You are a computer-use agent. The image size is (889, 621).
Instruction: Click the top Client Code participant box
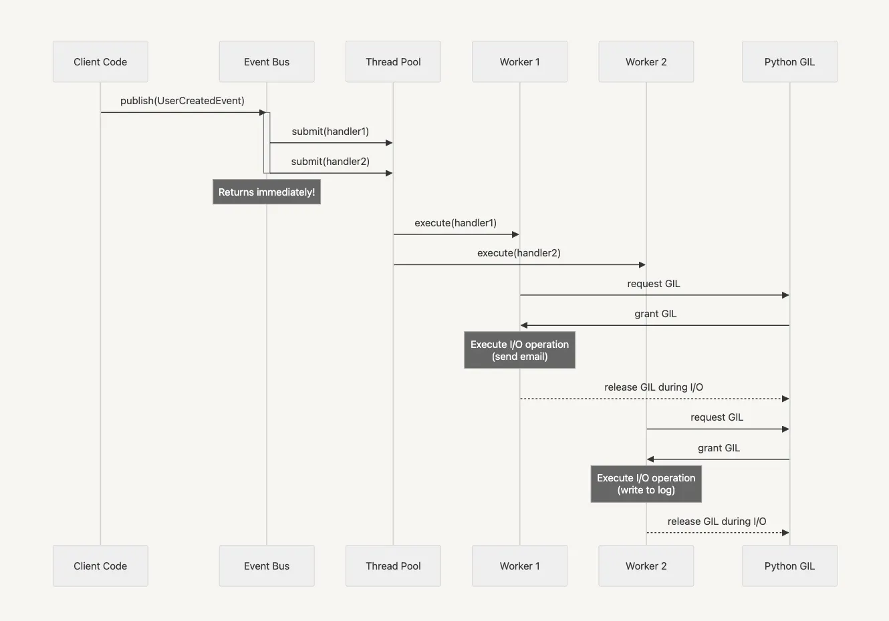[x=100, y=62]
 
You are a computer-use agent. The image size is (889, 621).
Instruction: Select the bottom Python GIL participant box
[x=789, y=566]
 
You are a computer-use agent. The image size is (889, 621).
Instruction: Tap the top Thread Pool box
[x=393, y=62]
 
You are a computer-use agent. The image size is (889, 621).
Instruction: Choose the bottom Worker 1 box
[x=519, y=566]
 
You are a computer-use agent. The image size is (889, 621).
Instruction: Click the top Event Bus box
[x=267, y=62]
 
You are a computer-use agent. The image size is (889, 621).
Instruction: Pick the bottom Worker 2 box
[x=646, y=566]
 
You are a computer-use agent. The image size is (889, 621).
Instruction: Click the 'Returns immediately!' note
[x=267, y=192]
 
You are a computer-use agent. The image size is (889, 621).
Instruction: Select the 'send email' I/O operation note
[x=519, y=351]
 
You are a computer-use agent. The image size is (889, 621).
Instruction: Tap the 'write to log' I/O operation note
[x=646, y=484]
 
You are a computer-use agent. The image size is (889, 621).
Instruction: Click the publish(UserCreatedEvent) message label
[x=182, y=101]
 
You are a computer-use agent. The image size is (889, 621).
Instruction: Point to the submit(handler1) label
[x=330, y=132]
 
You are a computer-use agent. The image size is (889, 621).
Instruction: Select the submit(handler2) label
[x=330, y=162]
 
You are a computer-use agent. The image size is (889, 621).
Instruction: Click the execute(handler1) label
[x=456, y=223]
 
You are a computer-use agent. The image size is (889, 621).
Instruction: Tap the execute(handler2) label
[x=519, y=253]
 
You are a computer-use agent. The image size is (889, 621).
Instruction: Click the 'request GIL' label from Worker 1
[x=654, y=284]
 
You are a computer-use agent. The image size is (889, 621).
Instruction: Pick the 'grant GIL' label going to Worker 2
[x=719, y=448]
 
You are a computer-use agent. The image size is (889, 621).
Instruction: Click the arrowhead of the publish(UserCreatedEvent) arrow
[x=263, y=112]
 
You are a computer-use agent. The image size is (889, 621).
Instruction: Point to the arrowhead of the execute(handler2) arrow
[x=642, y=265]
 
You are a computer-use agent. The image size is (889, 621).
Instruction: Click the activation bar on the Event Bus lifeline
[x=267, y=143]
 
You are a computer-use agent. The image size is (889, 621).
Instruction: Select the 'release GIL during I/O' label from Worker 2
[x=717, y=522]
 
